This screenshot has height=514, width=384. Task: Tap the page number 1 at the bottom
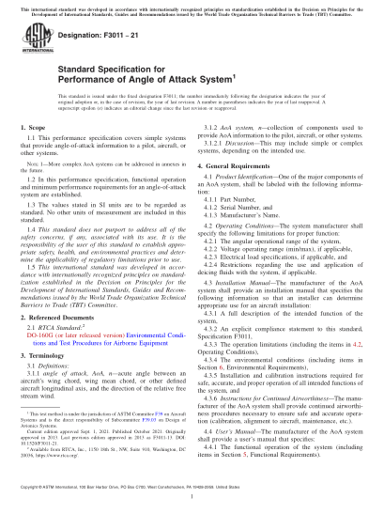pos(192,501)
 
